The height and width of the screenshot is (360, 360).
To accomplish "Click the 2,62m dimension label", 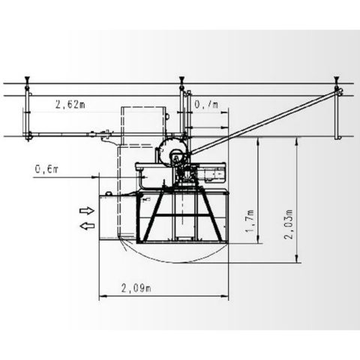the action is pyautogui.click(x=70, y=104).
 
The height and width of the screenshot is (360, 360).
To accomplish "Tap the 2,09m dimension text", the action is pyautogui.click(x=136, y=288).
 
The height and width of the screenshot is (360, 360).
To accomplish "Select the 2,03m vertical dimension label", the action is pyautogui.click(x=288, y=224).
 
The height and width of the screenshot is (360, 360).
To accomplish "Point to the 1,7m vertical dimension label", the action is pyautogui.click(x=250, y=220).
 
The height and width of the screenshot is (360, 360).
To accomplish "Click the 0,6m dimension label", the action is pyautogui.click(x=46, y=169).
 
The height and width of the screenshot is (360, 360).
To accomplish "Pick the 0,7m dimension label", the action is pyautogui.click(x=206, y=104).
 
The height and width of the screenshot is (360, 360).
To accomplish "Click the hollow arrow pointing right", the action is pyautogui.click(x=87, y=211).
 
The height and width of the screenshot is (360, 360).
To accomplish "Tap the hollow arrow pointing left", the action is pyautogui.click(x=87, y=226).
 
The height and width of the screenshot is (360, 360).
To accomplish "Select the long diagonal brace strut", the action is pyautogui.click(x=265, y=121).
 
